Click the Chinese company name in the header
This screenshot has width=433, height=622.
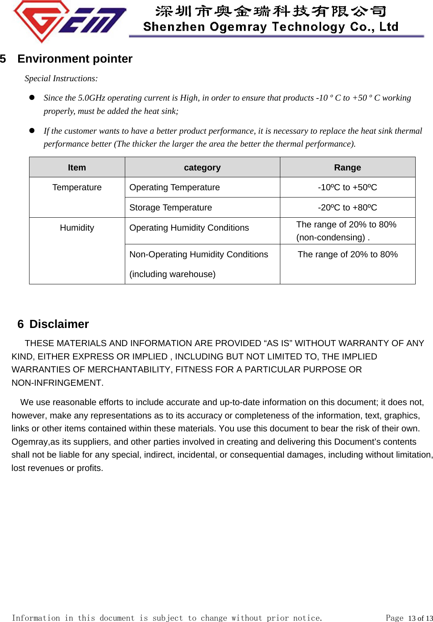270,11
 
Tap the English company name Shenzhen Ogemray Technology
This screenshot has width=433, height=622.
270,27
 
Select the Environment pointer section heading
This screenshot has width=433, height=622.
75,59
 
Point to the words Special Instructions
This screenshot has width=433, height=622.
61,78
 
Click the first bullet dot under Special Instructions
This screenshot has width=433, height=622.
32,97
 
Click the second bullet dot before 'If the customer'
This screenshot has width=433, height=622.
32,130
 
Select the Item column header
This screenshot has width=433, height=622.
77,168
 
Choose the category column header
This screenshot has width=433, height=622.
202,168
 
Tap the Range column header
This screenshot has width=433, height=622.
347,168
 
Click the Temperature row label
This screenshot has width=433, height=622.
77,187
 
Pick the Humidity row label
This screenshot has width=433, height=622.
77,228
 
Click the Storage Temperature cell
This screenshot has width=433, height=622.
170,208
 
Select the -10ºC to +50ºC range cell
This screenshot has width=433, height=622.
347,187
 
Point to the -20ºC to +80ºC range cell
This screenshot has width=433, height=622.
347,208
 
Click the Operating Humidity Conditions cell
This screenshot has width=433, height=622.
189,228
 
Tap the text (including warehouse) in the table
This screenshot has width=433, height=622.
172,274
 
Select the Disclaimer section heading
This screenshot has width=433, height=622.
59,324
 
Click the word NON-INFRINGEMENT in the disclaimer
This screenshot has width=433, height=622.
57,383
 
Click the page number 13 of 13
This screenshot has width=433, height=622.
420,618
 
